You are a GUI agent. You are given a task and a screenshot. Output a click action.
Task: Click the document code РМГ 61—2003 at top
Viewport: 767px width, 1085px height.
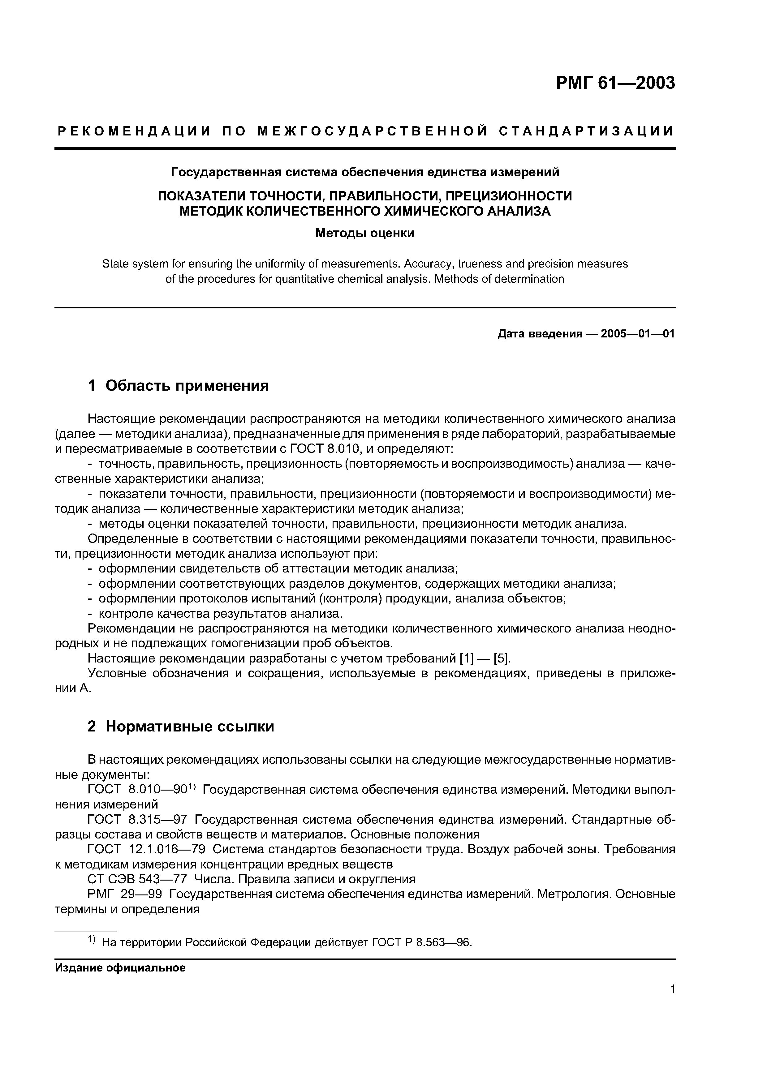(x=615, y=84)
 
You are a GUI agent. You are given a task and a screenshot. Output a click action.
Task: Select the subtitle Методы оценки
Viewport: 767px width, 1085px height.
(x=365, y=234)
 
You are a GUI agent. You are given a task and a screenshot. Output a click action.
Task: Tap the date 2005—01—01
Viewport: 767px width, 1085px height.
(x=637, y=334)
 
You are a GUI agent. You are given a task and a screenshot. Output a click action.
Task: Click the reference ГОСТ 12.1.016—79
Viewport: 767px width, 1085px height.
(x=146, y=849)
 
